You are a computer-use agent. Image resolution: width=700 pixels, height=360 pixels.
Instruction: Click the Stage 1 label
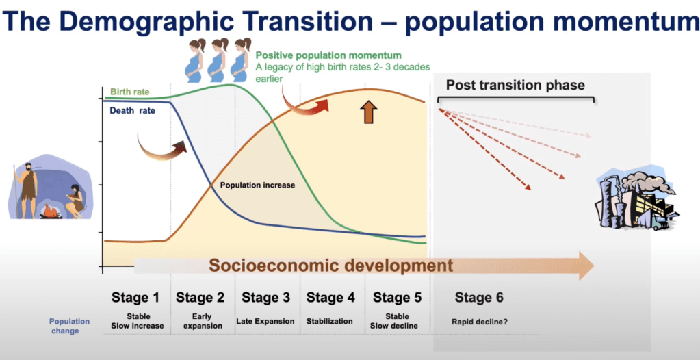tap(135, 298)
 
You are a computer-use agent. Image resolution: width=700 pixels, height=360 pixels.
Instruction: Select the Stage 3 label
tap(265, 298)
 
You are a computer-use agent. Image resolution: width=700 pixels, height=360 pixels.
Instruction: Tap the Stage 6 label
tap(479, 298)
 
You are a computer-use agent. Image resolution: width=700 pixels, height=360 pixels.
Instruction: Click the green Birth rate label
tap(130, 92)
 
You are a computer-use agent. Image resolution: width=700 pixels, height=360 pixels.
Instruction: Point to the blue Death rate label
tap(132, 111)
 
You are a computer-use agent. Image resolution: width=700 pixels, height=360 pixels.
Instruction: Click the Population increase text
tap(257, 185)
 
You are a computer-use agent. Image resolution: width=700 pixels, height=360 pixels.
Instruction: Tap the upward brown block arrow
tap(368, 112)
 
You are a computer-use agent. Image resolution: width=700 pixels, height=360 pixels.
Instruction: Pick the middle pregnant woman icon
tap(218, 60)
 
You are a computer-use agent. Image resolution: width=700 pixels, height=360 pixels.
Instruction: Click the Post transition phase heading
tap(516, 85)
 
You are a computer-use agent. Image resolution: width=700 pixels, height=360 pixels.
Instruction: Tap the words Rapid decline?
tap(479, 321)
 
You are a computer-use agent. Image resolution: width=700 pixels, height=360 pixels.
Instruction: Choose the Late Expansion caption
tap(265, 321)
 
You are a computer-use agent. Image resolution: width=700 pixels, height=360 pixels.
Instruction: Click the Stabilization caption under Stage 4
tap(329, 321)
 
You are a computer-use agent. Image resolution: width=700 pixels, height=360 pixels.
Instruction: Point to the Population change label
tap(69, 326)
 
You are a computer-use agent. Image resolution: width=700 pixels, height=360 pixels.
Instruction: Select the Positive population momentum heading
tap(328, 56)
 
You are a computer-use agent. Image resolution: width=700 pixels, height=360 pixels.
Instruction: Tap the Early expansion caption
tap(200, 321)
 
